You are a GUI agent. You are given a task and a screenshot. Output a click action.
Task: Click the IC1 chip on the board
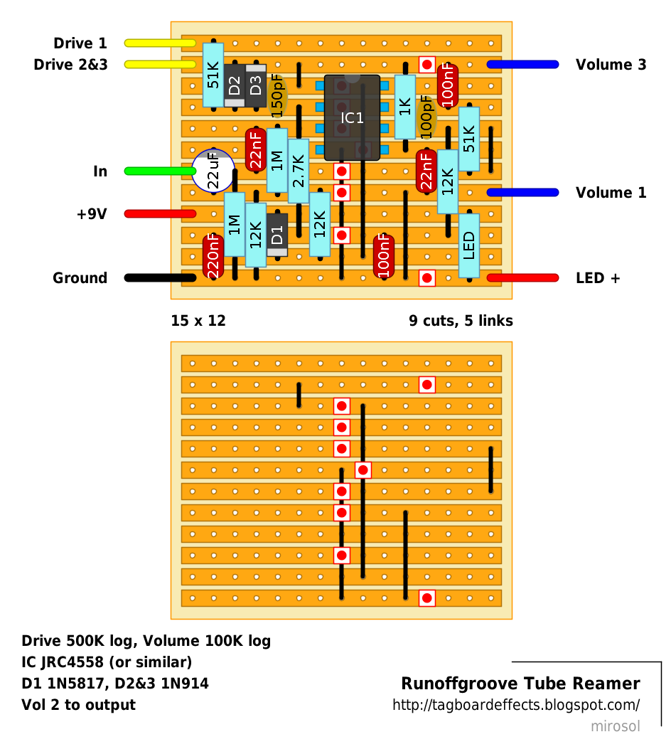tap(352, 117)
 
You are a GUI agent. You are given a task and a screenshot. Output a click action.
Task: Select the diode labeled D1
tap(277, 234)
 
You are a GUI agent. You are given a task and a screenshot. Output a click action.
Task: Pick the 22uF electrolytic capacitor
tap(213, 171)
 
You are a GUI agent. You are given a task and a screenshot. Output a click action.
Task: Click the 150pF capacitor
tap(277, 96)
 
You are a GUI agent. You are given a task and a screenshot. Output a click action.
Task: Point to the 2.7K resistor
tap(299, 171)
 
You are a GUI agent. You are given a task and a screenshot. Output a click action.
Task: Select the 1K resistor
tap(405, 107)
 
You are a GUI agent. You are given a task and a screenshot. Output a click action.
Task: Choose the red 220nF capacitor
tap(213, 256)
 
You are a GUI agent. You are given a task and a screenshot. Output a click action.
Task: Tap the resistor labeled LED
tap(469, 245)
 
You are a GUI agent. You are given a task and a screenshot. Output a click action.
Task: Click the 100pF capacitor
tap(426, 117)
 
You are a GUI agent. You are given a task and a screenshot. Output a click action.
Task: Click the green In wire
tap(160, 171)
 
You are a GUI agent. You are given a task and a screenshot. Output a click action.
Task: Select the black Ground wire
tap(160, 278)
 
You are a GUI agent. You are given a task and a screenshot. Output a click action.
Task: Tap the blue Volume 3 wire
tap(522, 65)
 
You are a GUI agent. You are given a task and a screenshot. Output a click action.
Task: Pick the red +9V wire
tap(160, 213)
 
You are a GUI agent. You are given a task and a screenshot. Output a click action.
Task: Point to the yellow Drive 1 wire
tap(160, 43)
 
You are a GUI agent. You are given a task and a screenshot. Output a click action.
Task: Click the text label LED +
tap(598, 278)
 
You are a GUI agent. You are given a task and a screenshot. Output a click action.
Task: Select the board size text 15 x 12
tap(198, 321)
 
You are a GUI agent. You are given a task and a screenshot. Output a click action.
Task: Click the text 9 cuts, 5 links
tap(461, 321)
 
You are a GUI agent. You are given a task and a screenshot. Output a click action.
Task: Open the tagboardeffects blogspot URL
tap(516, 705)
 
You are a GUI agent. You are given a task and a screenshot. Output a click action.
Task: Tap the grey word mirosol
tap(616, 726)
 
